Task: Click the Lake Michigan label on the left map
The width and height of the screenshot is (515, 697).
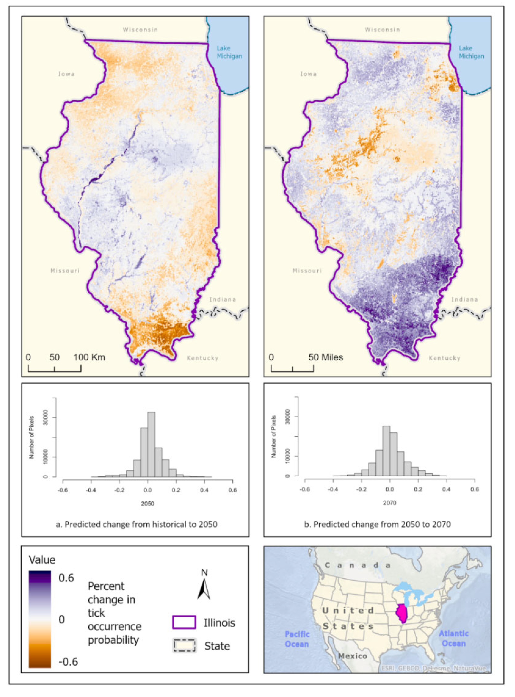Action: coord(229,52)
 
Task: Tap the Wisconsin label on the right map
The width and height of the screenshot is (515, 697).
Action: coord(382,30)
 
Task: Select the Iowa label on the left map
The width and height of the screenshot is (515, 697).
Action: coord(66,74)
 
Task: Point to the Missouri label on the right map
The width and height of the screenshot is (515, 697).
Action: coord(307,271)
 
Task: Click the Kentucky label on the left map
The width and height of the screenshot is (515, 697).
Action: coord(202,358)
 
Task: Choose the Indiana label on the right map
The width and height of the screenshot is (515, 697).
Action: coord(464,299)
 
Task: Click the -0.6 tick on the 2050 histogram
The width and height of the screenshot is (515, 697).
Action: coord(63,490)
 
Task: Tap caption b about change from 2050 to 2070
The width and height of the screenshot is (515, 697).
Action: coord(377,524)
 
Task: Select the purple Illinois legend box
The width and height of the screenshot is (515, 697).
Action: coord(184,622)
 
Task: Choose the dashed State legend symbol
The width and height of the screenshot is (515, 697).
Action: coord(184,646)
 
